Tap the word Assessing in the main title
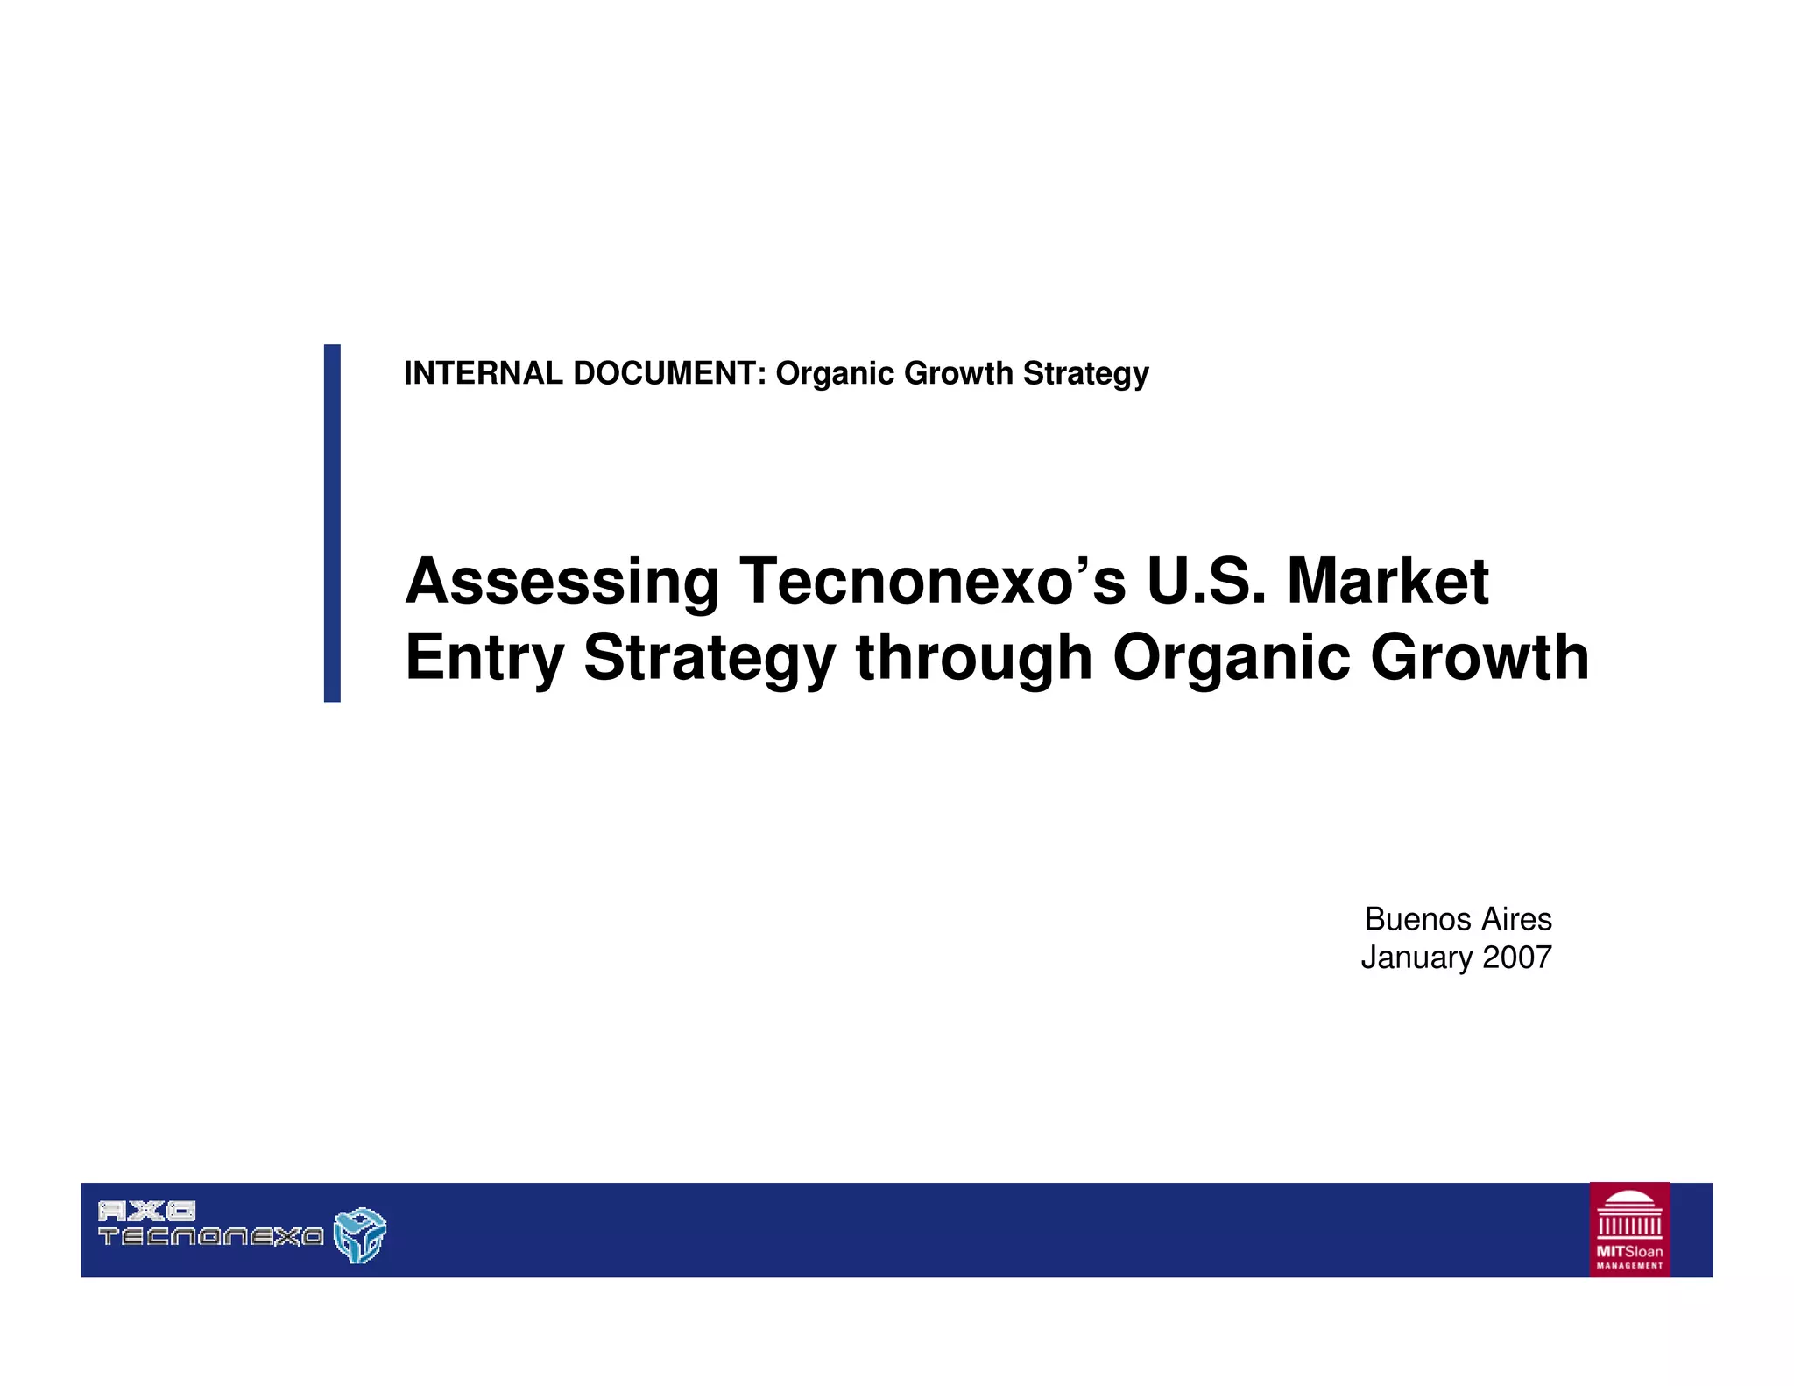coord(562,581)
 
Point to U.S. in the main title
coord(1206,581)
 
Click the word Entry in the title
coord(484,658)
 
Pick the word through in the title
coord(974,658)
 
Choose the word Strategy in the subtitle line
coord(1085,374)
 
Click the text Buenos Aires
coord(1458,919)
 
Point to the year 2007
coord(1517,957)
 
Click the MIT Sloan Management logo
coord(1629,1229)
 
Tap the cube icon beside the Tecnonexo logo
coord(360,1235)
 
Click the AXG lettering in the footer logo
coord(146,1212)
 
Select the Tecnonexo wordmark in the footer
coord(211,1237)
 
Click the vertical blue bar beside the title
coord(332,523)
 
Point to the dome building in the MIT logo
coord(1629,1213)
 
